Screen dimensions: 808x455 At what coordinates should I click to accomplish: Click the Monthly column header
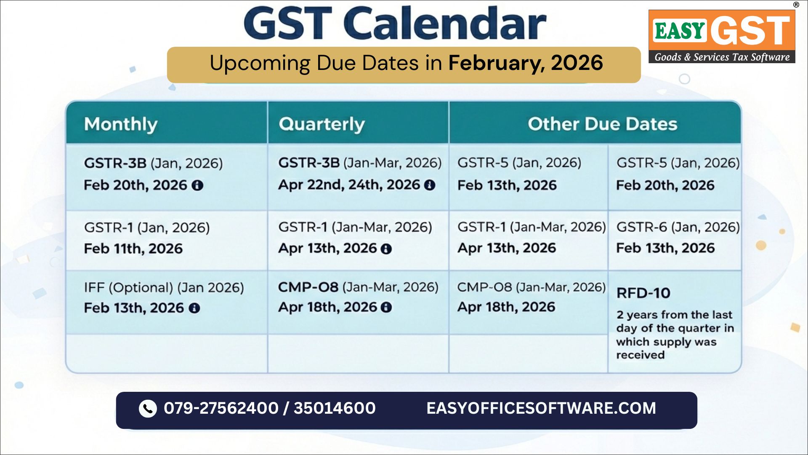point(121,124)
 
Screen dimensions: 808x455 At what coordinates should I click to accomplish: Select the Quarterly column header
point(322,124)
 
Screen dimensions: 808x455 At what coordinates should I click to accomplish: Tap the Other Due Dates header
point(602,124)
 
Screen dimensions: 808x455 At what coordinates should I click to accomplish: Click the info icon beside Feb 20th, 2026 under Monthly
point(197,185)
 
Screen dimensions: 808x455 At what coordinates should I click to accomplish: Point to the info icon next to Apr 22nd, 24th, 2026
point(430,185)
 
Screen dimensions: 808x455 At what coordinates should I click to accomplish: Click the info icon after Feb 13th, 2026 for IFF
point(194,308)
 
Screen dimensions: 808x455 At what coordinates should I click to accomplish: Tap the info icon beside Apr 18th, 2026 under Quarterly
point(386,308)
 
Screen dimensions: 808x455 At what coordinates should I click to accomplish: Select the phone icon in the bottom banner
point(148,408)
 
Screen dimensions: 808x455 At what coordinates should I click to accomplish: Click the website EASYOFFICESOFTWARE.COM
point(541,408)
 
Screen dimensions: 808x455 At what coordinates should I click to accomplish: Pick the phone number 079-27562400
point(221,408)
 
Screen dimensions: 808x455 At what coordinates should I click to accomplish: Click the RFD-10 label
point(643,293)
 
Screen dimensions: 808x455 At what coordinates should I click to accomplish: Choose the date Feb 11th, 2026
point(133,249)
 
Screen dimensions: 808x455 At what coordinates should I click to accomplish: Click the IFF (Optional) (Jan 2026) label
point(164,288)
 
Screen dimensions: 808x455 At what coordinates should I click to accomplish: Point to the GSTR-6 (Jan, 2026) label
point(678,227)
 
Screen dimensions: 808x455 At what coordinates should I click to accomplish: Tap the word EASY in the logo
point(680,31)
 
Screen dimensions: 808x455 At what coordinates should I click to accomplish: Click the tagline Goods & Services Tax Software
point(722,57)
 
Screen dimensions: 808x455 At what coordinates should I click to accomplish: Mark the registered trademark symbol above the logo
point(796,5)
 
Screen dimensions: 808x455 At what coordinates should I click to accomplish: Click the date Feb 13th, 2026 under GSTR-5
point(507,185)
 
